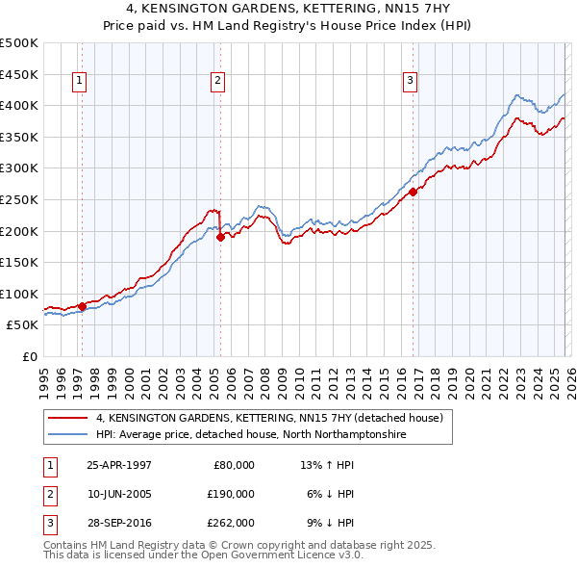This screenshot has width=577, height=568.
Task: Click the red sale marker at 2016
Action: click(x=413, y=192)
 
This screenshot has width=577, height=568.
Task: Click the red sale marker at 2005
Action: click(x=220, y=237)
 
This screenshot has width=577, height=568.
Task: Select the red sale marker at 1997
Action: click(x=82, y=306)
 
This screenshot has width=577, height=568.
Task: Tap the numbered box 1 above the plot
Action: click(x=78, y=82)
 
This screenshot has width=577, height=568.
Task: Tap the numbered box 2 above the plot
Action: click(x=218, y=82)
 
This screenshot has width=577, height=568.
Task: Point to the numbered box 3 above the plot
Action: click(x=410, y=82)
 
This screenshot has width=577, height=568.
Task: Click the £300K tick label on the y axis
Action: click(x=19, y=168)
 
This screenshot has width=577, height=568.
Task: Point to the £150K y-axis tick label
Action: click(x=19, y=262)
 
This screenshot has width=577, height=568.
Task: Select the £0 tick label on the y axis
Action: click(x=30, y=356)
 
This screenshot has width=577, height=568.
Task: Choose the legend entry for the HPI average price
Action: click(x=251, y=435)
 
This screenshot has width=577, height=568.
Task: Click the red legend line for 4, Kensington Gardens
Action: click(x=67, y=419)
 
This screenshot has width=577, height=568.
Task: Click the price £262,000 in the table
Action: click(x=232, y=523)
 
